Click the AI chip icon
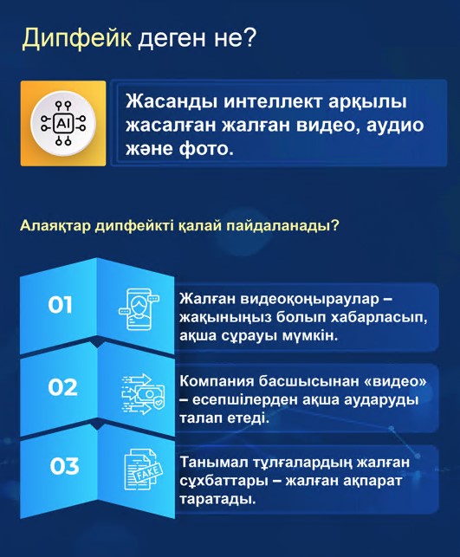pos(62,124)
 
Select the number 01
pos(60,305)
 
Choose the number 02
pos(62,387)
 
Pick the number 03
pos(64,467)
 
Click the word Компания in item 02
pos(217,381)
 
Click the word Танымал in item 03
pos(212,463)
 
